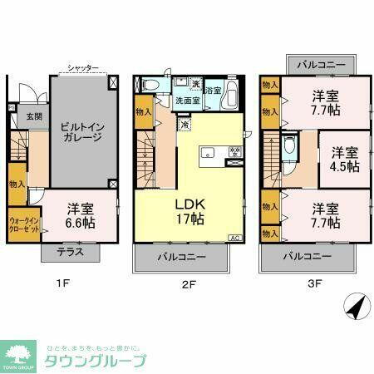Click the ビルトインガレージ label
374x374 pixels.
click(x=81, y=132)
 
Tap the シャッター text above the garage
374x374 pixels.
click(x=83, y=67)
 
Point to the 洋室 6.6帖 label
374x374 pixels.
click(x=81, y=214)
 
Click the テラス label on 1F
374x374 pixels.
click(x=70, y=250)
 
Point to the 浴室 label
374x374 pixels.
click(x=213, y=91)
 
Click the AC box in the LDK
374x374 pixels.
click(x=235, y=237)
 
